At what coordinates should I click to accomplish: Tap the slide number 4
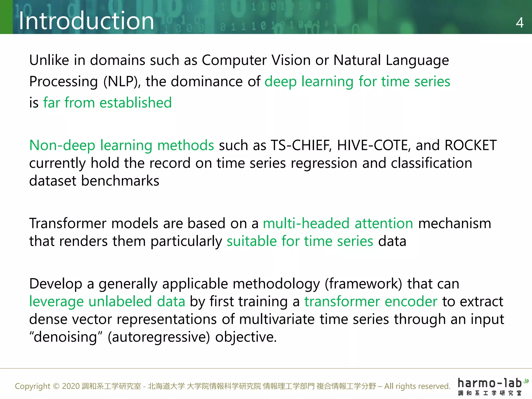[x=520, y=23]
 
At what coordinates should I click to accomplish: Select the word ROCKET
[x=470, y=145]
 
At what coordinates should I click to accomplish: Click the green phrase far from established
[x=107, y=103]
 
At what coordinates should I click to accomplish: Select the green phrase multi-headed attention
[x=338, y=223]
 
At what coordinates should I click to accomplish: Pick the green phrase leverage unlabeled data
[x=107, y=302]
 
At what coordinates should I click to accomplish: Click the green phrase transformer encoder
[x=371, y=302]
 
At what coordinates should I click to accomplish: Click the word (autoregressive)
[x=159, y=337]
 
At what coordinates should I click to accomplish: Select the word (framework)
[x=363, y=284]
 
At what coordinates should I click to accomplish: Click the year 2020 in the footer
[x=71, y=386]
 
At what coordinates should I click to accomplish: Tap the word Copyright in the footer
[x=32, y=386]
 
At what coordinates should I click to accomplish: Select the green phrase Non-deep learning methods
[x=122, y=145]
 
